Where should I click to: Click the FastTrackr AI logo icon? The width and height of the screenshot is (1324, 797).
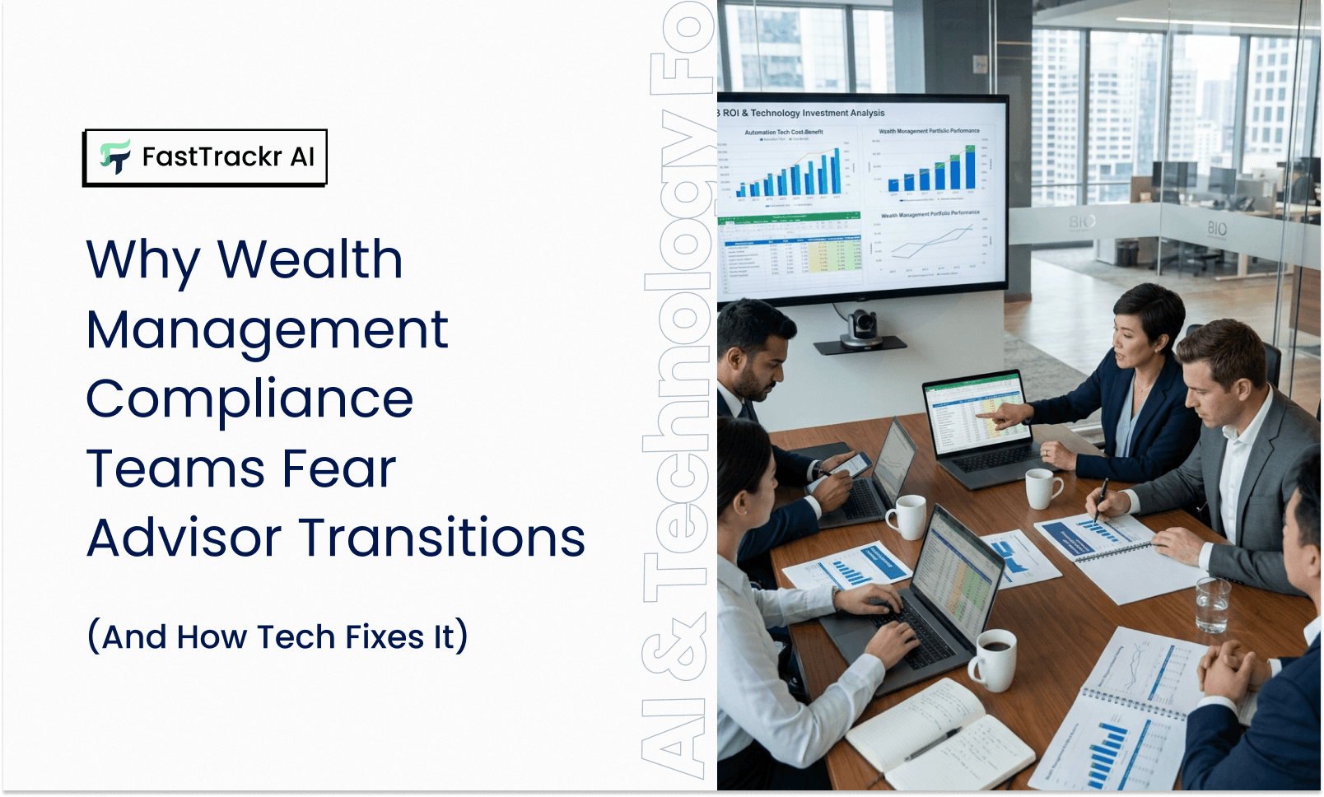115,156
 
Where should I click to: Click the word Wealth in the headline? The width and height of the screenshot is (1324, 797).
310,259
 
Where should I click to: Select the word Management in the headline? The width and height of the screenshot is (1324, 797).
267,330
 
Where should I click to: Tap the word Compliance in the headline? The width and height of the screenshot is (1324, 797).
249,399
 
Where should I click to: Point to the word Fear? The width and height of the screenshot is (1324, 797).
338,468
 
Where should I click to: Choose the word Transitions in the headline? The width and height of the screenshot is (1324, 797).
441,538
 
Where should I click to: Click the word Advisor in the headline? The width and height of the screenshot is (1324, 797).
184,538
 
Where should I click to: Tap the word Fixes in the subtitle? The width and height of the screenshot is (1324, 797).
385,637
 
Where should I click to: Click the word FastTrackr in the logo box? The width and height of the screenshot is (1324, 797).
212,156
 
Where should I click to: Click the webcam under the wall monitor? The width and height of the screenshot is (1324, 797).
861,328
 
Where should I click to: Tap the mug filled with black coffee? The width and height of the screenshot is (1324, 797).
995,659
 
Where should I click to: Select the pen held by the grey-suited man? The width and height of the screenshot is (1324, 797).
1100,499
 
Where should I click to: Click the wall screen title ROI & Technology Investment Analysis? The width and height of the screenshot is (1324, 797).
803,113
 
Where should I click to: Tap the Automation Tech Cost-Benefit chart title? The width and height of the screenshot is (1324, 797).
783,132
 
